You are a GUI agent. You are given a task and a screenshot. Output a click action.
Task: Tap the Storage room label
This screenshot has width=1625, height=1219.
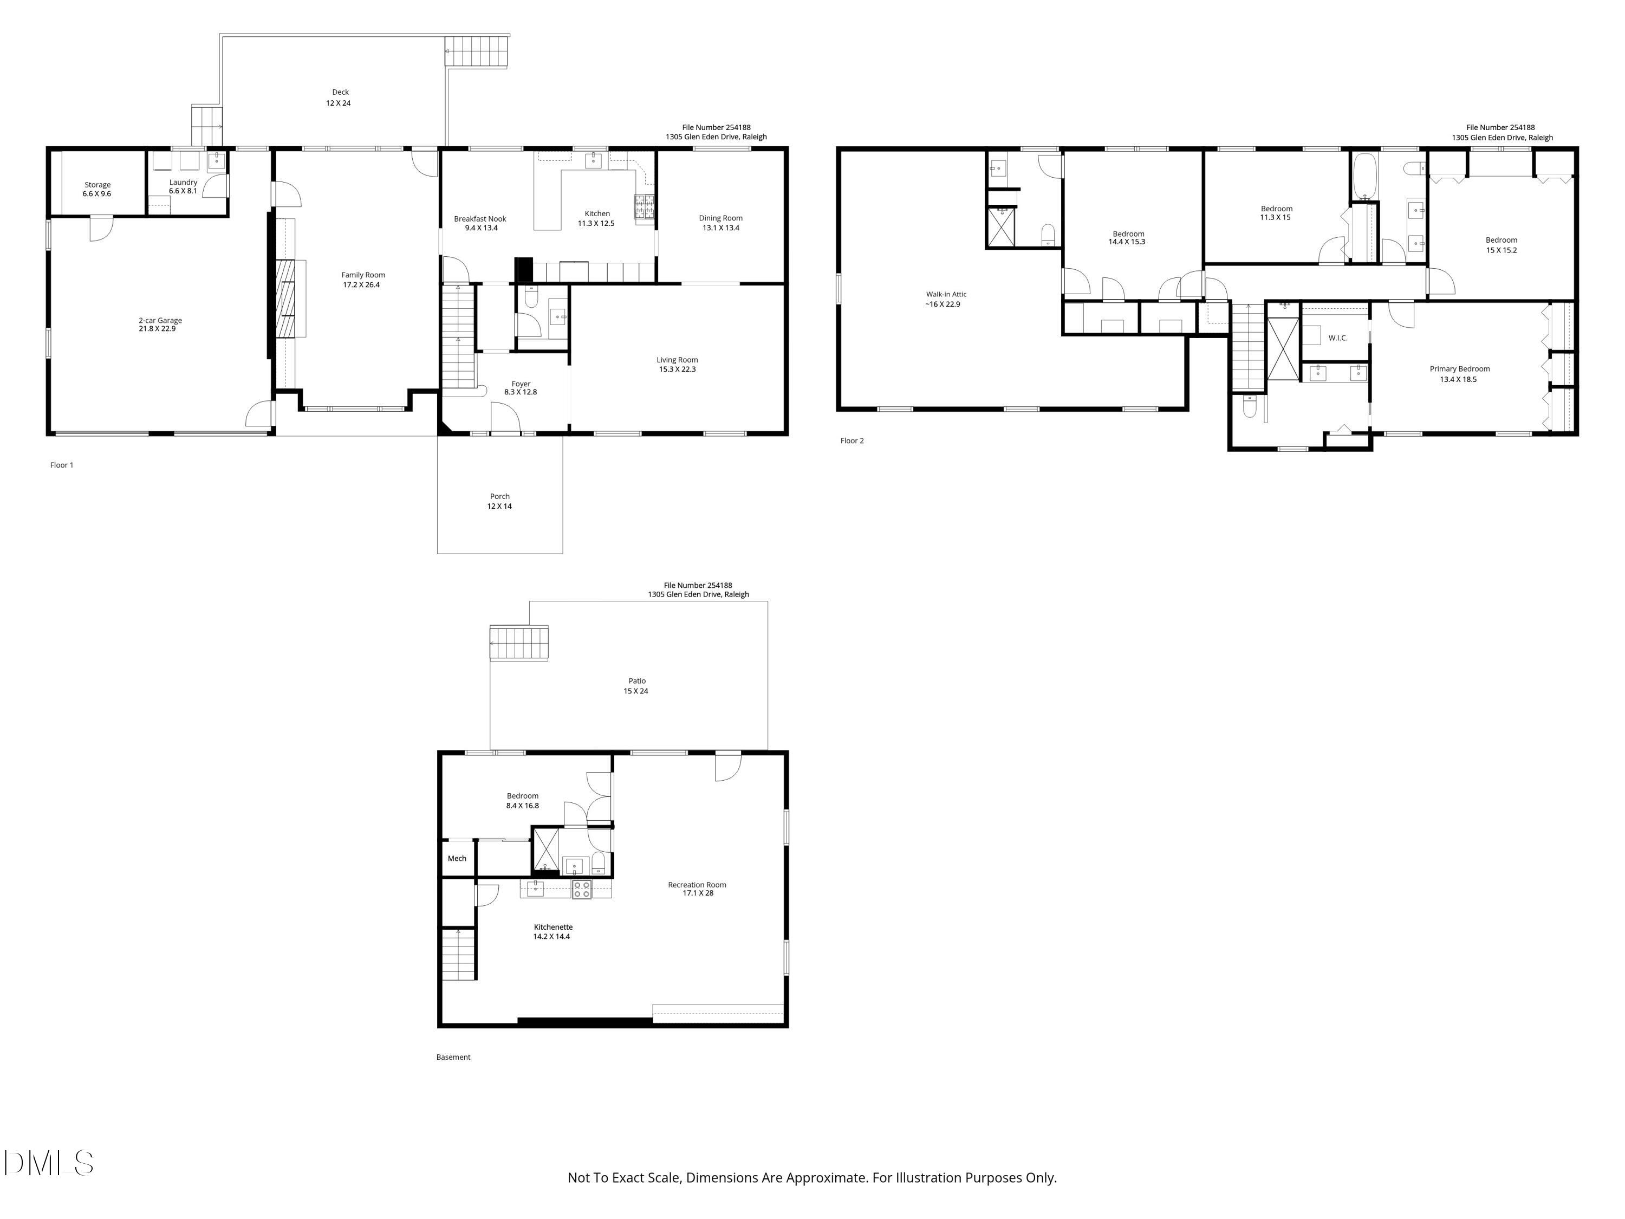pos(97,189)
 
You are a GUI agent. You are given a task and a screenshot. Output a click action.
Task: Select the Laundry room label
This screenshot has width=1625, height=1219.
pos(183,186)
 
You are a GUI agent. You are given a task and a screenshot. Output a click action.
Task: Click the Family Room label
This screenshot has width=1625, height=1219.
pos(363,279)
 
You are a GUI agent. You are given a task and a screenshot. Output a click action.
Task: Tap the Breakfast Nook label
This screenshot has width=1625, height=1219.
pos(480,223)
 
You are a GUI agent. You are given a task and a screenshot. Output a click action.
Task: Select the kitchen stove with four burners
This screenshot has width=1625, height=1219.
pos(644,206)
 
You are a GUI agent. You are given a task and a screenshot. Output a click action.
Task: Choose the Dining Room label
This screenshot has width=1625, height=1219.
pos(720,223)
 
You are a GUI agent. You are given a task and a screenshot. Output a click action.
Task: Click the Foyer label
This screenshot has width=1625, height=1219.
pos(521,387)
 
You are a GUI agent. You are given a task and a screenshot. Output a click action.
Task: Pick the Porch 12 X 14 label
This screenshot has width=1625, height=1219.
pos(499,501)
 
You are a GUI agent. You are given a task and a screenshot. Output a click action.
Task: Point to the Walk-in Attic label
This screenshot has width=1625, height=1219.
pos(945,299)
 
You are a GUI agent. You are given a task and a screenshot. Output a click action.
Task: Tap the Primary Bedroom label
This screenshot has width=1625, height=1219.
pos(1459,373)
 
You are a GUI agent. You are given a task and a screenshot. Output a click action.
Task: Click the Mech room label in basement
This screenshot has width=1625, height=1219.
pos(457,858)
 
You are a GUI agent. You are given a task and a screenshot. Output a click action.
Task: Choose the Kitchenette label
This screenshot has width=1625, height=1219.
pos(552,931)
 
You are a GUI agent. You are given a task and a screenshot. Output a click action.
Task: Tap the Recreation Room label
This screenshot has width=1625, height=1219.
pos(697,889)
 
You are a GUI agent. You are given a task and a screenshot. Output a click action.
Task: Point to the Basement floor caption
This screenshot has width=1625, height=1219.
pos(453,1056)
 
